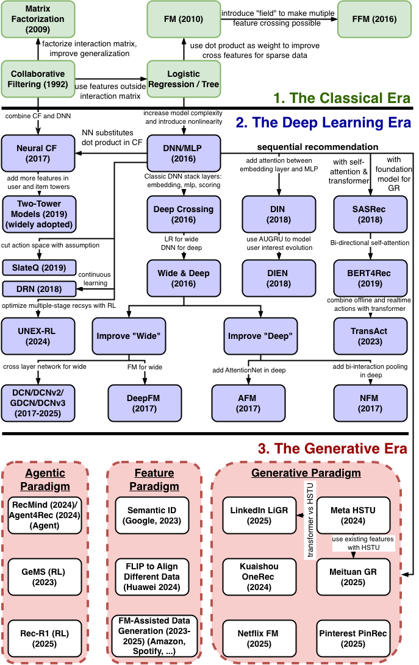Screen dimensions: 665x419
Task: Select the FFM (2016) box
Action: coord(374,18)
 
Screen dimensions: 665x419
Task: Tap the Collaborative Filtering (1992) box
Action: coord(38,79)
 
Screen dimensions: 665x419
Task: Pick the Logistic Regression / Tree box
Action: coord(184,79)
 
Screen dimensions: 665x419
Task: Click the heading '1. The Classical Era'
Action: coord(341,98)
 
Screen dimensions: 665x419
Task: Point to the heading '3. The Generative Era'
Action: coord(332,449)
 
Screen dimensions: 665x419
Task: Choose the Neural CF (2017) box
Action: coord(38,154)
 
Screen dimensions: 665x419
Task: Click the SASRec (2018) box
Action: coord(370,214)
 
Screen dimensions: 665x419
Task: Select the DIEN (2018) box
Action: coord(278,279)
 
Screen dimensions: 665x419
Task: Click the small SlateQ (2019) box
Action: coord(39,268)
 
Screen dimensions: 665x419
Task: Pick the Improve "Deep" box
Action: coord(260,336)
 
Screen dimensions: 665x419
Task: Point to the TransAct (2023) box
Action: coord(369,336)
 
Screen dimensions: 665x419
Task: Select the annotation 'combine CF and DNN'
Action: coord(38,116)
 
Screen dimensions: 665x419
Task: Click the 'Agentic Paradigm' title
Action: coord(45,480)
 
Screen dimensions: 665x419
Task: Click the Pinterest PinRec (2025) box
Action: coord(353,638)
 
